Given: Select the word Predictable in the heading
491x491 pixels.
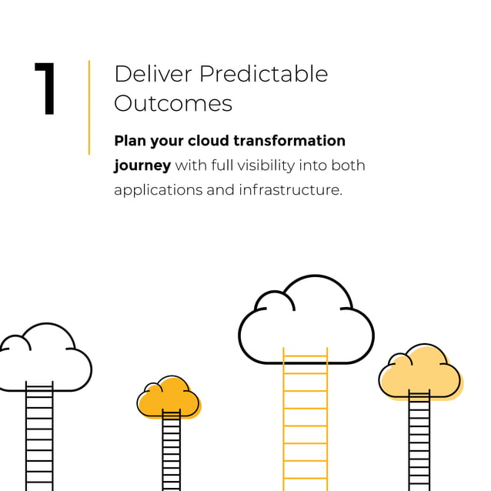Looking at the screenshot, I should click(264, 74).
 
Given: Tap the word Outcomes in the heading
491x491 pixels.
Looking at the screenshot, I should click(173, 103).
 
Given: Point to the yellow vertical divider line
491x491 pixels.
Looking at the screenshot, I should click(89, 108).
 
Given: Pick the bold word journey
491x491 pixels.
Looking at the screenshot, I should click(142, 165).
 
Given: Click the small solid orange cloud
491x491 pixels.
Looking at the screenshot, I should click(169, 398).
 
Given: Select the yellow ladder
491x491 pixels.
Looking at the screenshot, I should click(305, 423).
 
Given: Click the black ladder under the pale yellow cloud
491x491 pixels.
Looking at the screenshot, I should click(419, 442).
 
